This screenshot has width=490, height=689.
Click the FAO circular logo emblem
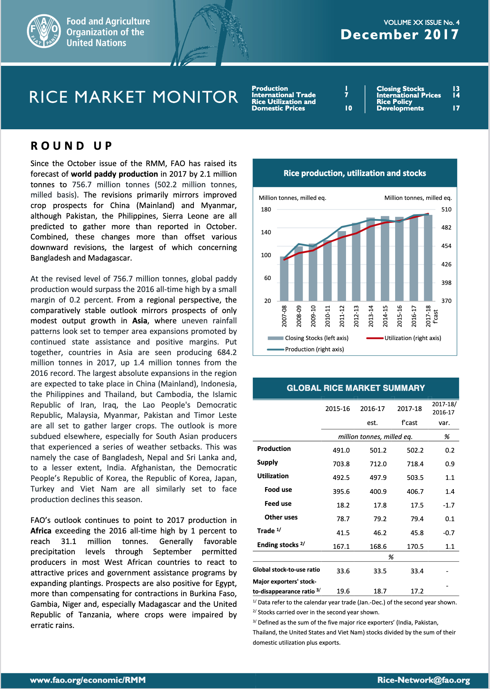point(44,31)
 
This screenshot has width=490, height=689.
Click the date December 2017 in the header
point(400,34)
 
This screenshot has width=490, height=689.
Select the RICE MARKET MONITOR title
point(133,97)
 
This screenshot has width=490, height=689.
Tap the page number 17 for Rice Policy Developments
point(456,108)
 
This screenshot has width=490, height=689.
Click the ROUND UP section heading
point(71,146)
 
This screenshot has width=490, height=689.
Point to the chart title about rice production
point(355,173)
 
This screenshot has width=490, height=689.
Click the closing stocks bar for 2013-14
point(371,259)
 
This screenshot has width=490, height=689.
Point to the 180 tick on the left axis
point(266,209)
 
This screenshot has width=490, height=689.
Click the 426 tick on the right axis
point(446,264)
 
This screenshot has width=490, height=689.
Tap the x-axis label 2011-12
point(342,316)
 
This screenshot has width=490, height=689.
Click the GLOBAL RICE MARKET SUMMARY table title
point(356,388)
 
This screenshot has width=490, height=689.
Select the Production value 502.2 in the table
point(415,450)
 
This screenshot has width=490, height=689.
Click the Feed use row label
point(278,503)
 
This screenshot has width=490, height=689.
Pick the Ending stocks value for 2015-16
point(341,546)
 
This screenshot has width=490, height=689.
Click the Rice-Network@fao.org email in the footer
point(423,680)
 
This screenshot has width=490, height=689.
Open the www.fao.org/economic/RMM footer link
point(88,680)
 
